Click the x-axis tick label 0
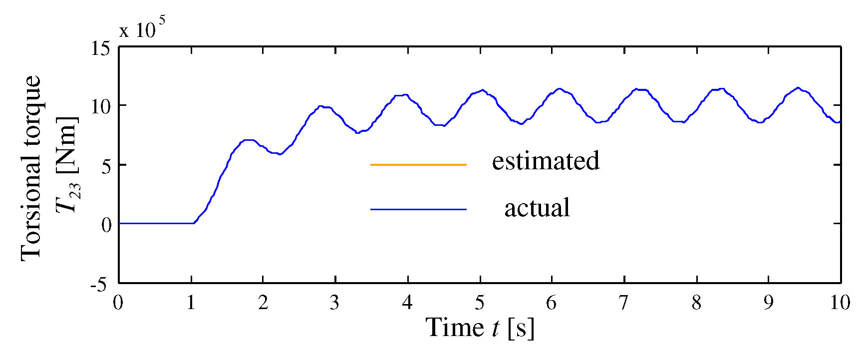click(x=118, y=303)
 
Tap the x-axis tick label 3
click(x=334, y=303)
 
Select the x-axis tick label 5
click(x=480, y=303)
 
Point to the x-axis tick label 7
click(x=623, y=303)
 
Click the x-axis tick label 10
click(x=840, y=303)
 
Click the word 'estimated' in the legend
click(x=546, y=161)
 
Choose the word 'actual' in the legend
click(x=537, y=208)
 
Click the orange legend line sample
click(x=418, y=164)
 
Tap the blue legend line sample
click(x=418, y=209)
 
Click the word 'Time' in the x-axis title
click(x=454, y=328)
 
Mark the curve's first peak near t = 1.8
click(x=249, y=140)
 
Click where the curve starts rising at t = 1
click(x=194, y=223)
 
